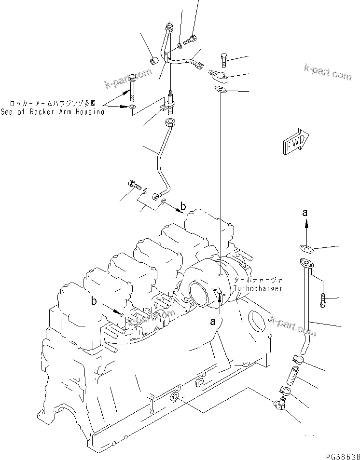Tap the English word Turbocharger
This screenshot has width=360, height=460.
(258, 288)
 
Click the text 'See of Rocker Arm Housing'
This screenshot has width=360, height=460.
(53, 112)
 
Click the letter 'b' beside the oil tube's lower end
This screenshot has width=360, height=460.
(183, 208)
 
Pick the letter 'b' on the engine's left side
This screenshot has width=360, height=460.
(95, 301)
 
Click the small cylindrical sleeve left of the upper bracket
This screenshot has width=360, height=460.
(153, 60)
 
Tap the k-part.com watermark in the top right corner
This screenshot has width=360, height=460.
(327, 72)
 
